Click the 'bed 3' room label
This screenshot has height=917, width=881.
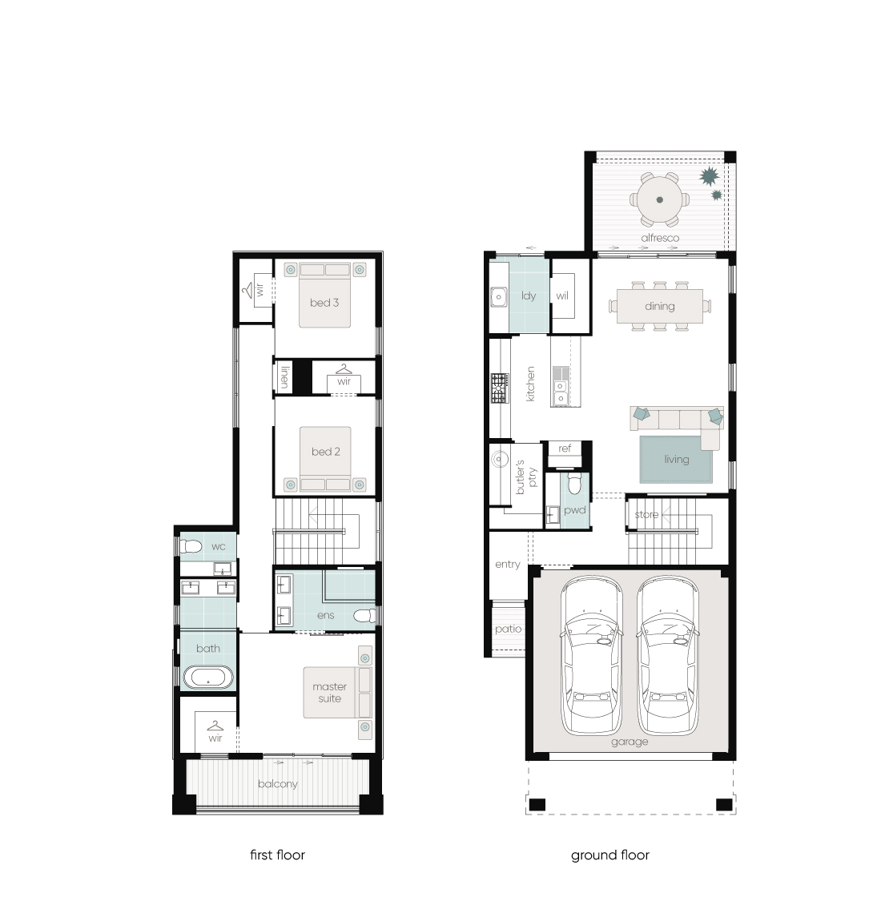coord(324,303)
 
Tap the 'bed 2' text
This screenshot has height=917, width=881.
coord(325,452)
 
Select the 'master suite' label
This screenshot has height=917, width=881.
coord(329,693)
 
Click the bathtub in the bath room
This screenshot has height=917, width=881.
coord(208,678)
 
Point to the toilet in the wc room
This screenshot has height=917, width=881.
coord(190,547)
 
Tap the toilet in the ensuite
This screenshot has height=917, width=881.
coord(364,615)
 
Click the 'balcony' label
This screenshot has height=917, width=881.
coord(278,784)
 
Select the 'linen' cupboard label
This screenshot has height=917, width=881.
coord(284,376)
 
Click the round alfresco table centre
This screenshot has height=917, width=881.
coord(660,199)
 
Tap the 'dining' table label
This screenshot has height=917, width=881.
coord(659,307)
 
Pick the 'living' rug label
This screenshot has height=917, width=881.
coord(676,460)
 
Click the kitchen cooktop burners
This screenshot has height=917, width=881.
coord(499,388)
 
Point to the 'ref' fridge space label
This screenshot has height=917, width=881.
coord(565,448)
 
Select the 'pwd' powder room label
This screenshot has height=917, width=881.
coord(574,510)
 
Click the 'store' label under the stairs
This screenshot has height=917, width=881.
coord(646,515)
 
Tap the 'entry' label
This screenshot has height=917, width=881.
coord(507,565)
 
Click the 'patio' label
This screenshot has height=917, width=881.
coord(508,629)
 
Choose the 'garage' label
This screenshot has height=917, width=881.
coord(630,742)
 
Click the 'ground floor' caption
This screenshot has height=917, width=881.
coord(610,855)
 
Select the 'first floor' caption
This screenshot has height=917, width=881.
coord(277,855)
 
